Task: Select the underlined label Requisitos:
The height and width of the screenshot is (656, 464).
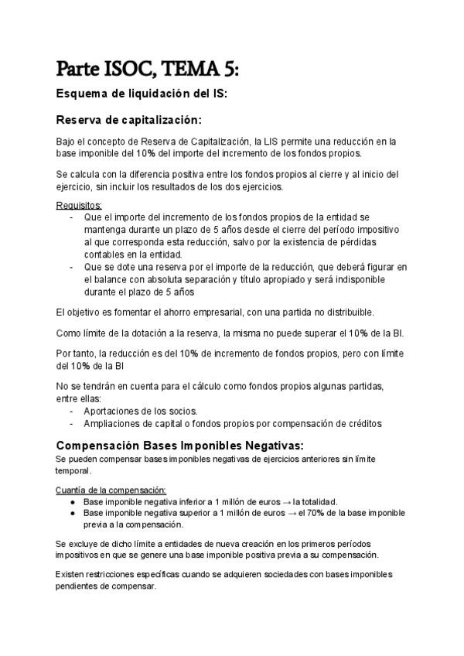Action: pos(79,205)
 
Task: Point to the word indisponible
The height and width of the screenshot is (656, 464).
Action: pos(352,279)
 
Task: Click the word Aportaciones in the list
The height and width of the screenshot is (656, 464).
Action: pos(113,411)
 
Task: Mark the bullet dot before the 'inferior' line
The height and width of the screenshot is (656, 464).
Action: pos(72,501)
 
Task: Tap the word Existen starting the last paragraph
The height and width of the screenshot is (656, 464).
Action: pos(71,575)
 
